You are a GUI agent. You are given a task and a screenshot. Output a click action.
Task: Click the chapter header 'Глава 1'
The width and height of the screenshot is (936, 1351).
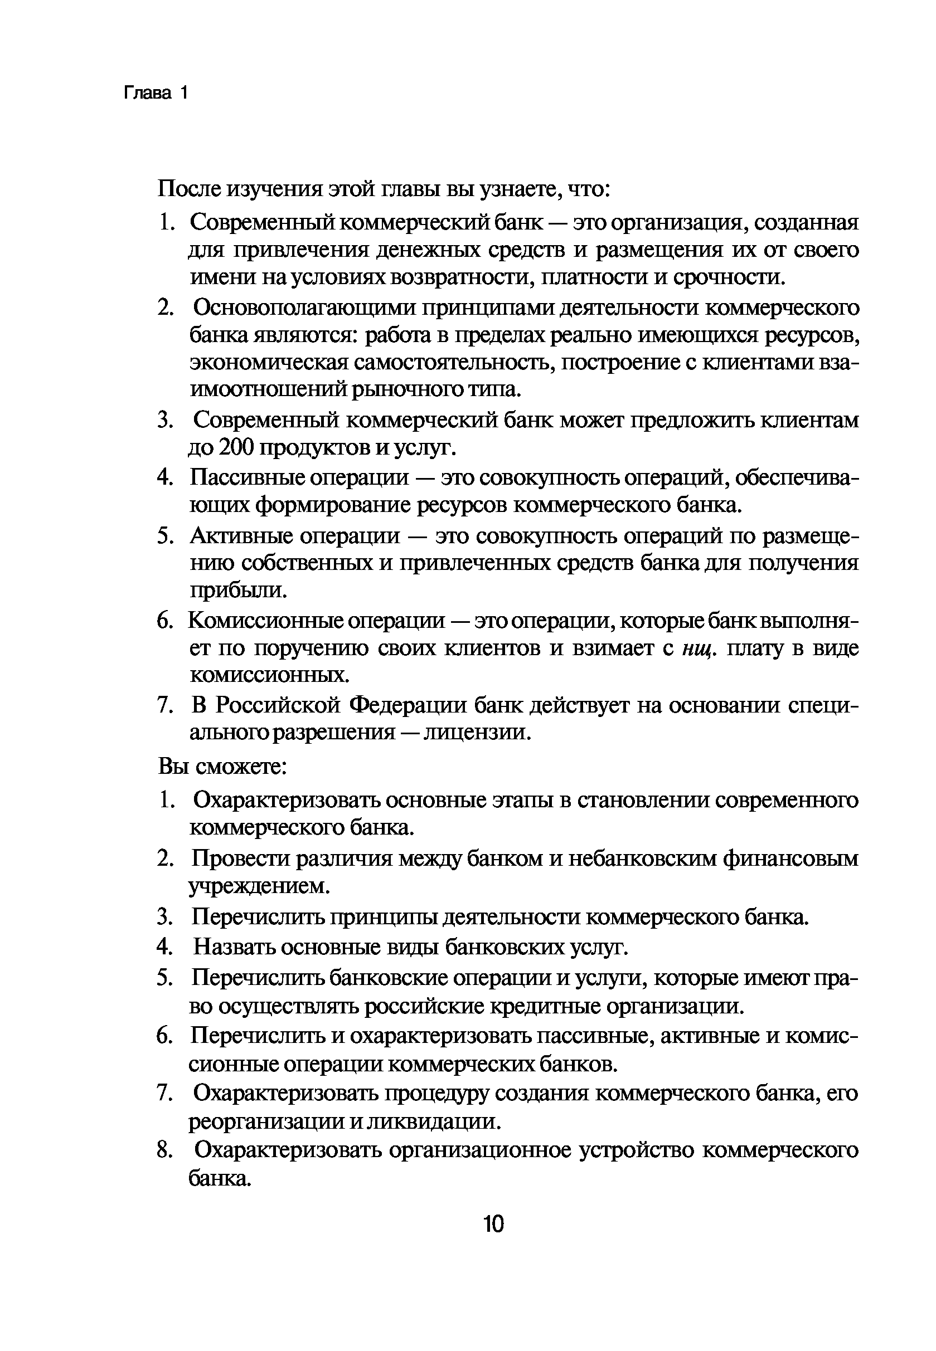pos(156,93)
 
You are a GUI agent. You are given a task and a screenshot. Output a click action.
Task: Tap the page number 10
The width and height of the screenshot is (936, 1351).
pos(493,1225)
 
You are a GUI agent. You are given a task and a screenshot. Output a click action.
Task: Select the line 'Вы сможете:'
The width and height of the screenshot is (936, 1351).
pos(222,767)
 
